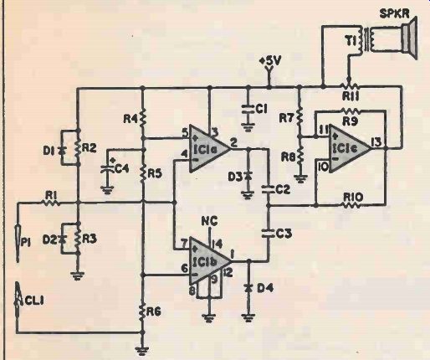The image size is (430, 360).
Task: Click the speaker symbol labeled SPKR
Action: (409, 38)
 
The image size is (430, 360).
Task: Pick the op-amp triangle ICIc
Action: (351, 148)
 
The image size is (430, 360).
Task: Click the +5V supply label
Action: (271, 61)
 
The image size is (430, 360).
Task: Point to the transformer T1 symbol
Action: (366, 39)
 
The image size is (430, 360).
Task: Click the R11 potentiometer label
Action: (351, 96)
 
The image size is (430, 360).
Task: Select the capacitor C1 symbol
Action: (248, 109)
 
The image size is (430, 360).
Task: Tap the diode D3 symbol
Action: (248, 176)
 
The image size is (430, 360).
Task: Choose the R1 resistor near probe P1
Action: (51, 203)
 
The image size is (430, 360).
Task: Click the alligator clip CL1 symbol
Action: (18, 301)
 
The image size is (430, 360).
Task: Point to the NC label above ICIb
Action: (210, 222)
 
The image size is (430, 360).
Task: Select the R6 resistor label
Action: (154, 311)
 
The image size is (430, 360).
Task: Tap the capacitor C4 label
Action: (121, 168)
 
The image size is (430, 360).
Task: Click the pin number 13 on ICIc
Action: (378, 142)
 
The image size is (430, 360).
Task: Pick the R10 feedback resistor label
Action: (353, 197)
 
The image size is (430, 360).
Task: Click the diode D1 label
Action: (49, 151)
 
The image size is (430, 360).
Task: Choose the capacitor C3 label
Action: (284, 233)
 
